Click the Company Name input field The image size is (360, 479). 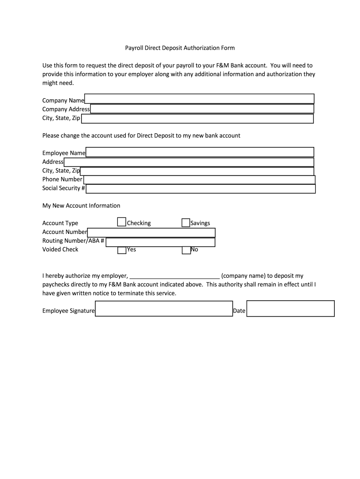coord(199,99)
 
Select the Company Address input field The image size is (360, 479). coord(202,109)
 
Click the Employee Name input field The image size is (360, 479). coord(200,152)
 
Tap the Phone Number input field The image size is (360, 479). coord(199,180)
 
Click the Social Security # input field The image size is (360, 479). coord(201,189)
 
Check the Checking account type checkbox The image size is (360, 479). coord(122,222)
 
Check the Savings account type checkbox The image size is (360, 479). coord(186,223)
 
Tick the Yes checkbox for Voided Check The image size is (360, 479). coord(122,250)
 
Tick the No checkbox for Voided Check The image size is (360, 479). coord(186,250)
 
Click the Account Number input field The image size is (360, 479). coord(151,232)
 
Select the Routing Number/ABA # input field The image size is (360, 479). coord(160,242)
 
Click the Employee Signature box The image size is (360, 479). coord(164,309)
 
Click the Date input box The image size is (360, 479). coord(290,309)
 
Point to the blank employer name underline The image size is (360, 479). coord(174,276)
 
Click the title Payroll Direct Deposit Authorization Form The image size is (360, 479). coord(180,48)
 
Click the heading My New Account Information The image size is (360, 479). coord(81,206)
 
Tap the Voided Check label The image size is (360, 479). coord(60,249)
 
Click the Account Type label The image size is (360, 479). coord(60,223)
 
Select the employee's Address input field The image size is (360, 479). coord(189,162)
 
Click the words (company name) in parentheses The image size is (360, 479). coord(243,276)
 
